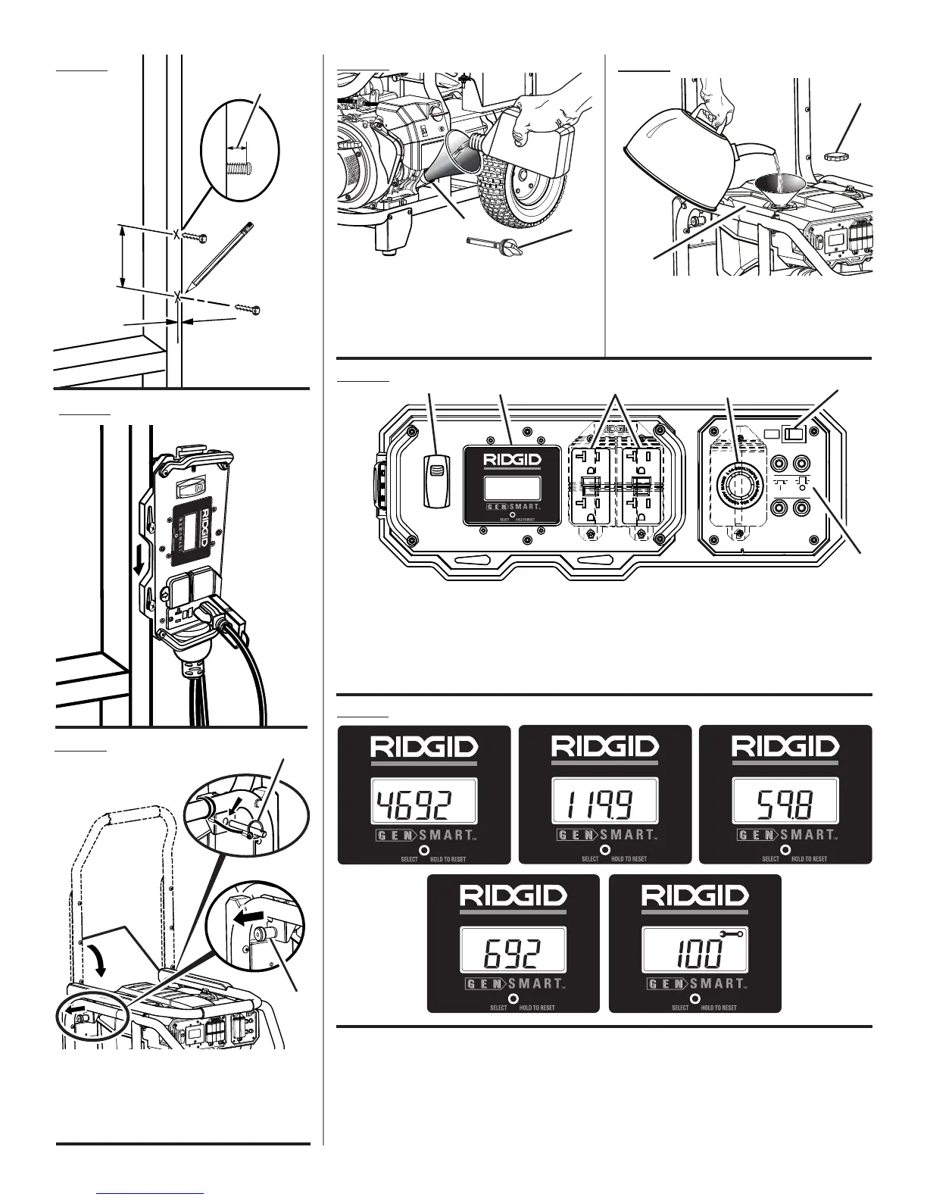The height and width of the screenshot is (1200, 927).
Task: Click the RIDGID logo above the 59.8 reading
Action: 785,748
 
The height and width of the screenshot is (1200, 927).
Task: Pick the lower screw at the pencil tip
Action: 248,308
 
